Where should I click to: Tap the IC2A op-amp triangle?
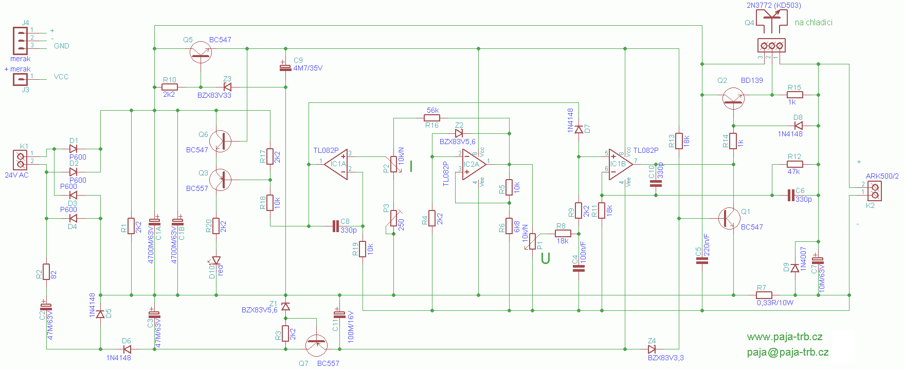pos(473,164)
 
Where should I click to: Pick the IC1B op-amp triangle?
pos(619,164)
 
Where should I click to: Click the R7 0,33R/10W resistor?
pos(764,295)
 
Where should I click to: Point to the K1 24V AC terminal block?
pos(21,160)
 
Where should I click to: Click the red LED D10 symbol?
pos(216,260)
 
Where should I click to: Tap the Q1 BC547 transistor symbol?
pos(729,218)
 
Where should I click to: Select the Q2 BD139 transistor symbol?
pos(733,98)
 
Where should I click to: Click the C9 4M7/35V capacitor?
pos(285,67)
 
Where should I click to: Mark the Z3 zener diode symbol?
pos(227,87)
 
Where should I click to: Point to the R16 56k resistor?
pos(432,118)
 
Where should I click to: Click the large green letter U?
pos(545,258)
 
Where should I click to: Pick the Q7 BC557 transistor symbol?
pos(316,345)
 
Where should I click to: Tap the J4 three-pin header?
pos(21,40)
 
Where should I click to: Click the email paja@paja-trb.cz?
pos(787,353)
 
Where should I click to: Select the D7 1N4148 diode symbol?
pos(579,129)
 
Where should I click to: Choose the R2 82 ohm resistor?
pos(46,271)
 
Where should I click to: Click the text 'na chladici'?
pos(813,23)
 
